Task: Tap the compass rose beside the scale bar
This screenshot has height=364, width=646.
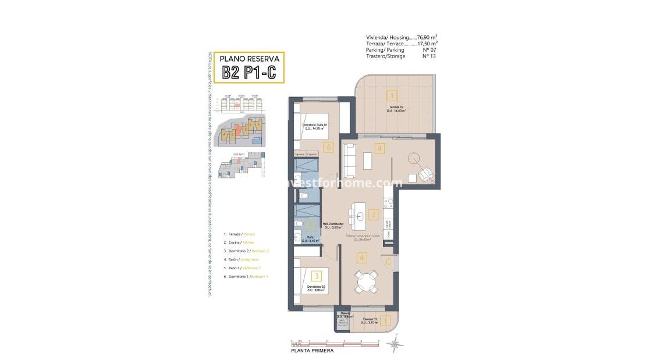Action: (395, 344)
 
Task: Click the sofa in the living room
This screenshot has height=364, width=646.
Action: (349, 160)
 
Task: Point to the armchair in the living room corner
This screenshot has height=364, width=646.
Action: (426, 173)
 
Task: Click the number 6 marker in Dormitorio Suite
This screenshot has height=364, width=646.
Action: (329, 148)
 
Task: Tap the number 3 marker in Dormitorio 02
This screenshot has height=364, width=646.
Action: (316, 276)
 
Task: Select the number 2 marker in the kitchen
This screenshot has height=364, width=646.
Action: (374, 214)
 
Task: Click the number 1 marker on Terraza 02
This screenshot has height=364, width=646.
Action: (393, 96)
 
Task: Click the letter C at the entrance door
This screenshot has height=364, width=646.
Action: (388, 261)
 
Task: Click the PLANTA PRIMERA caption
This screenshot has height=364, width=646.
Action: (313, 351)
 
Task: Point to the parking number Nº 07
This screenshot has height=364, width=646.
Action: (429, 49)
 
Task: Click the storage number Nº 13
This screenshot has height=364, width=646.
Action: (429, 56)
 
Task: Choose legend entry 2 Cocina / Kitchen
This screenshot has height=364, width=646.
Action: (239, 242)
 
